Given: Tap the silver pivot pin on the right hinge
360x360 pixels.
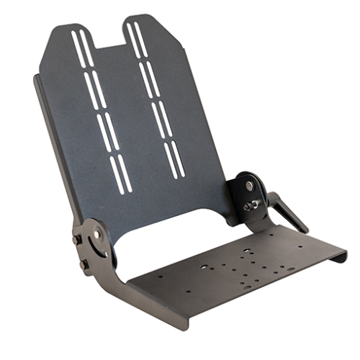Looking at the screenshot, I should click(249, 186).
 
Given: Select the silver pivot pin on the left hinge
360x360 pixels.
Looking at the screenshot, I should click(96, 235).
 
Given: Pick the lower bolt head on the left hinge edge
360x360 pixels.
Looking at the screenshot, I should click(84, 264).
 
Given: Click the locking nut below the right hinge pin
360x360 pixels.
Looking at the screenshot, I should click(251, 206).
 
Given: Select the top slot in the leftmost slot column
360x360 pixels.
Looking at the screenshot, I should click(80, 49).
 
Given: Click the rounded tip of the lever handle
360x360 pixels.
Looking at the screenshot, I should click(304, 230).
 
